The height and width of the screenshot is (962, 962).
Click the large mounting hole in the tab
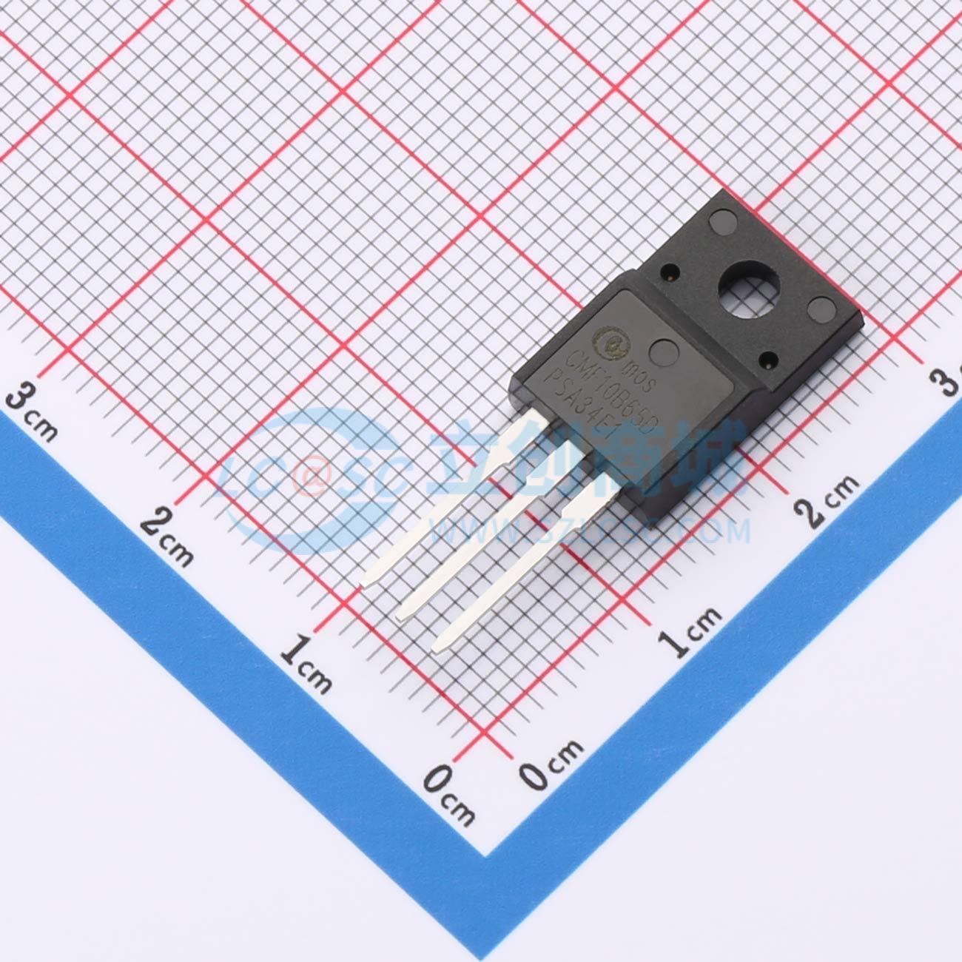(x=748, y=288)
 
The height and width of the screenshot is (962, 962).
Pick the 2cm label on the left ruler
(x=167, y=536)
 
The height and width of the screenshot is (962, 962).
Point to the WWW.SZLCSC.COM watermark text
(x=592, y=530)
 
